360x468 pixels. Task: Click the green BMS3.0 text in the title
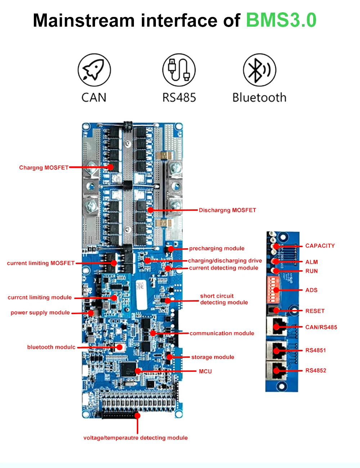tap(281, 20)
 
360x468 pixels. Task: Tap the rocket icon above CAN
tap(94, 70)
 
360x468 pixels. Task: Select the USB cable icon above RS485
tap(179, 70)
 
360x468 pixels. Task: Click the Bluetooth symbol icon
tap(259, 70)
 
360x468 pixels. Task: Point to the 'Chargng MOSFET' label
tap(44, 168)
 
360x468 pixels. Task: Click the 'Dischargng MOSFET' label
tap(227, 210)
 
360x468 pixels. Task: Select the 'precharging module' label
tap(217, 248)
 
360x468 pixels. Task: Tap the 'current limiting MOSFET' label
tap(41, 263)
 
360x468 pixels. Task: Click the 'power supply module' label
tap(40, 312)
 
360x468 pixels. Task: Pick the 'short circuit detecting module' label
tap(224, 299)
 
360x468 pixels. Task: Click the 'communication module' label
tap(222, 333)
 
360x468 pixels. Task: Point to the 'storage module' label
tap(212, 357)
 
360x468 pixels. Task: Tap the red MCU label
tap(205, 371)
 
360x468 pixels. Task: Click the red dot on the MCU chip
tap(138, 371)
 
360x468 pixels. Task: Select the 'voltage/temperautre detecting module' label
tap(135, 438)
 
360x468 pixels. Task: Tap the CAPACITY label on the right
tap(320, 246)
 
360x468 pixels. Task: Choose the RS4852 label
tap(316, 370)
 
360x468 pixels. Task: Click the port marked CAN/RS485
tap(276, 326)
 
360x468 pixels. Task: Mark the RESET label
tap(315, 311)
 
